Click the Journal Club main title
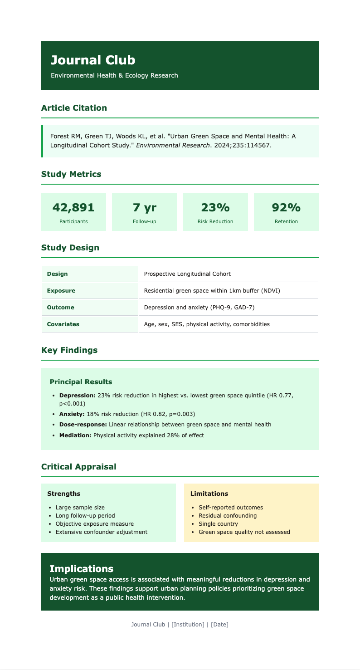[x=93, y=60]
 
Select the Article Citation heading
[x=74, y=108]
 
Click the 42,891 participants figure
[x=73, y=207]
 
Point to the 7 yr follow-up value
[x=144, y=207]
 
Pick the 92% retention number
[x=286, y=207]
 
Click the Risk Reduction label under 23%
[x=215, y=222]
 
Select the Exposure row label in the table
[x=61, y=290]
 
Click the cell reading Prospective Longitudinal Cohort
[x=187, y=274]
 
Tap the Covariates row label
[x=63, y=324]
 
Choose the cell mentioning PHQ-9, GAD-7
[x=199, y=308]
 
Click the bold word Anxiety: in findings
[x=72, y=414]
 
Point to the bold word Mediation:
[x=75, y=435]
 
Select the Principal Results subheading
[x=81, y=382]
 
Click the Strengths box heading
[x=64, y=494]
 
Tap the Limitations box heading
[x=209, y=494]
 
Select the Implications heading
[x=81, y=568]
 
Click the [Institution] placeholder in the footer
[x=188, y=625]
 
